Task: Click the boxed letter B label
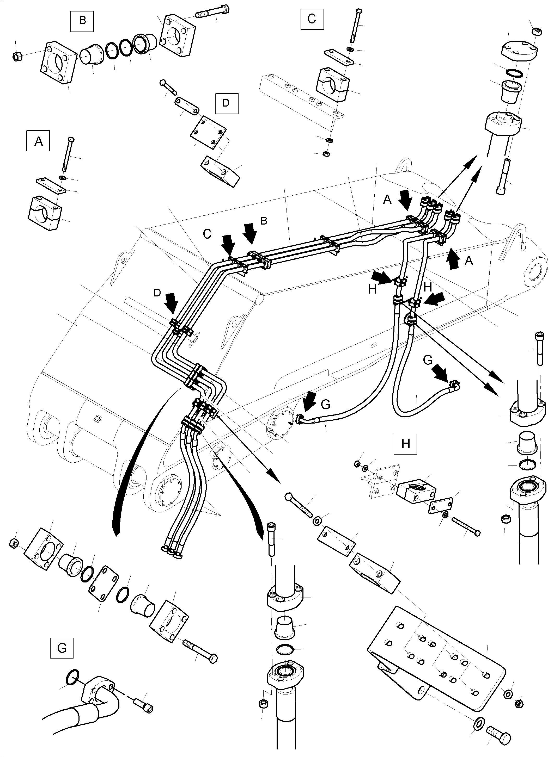[x=82, y=21]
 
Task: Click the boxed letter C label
[x=312, y=19]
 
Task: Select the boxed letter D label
[x=226, y=103]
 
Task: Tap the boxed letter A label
[x=38, y=141]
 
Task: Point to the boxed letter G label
[x=62, y=648]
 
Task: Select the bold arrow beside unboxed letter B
[x=249, y=232]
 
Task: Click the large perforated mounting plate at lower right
[x=436, y=674]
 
